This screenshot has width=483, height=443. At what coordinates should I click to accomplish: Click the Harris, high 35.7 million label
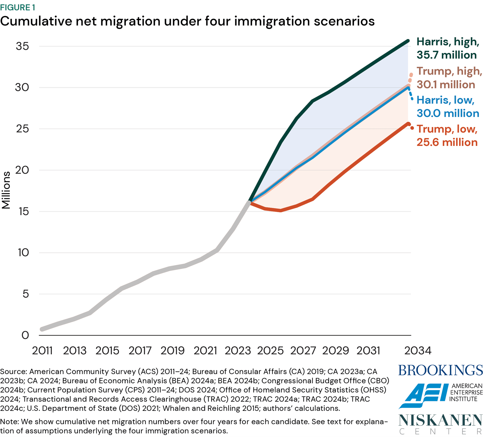pyautogui.click(x=448, y=48)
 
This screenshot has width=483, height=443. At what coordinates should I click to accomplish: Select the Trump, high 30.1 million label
pyautogui.click(x=449, y=78)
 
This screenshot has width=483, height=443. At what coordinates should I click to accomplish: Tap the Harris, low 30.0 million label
pyautogui.click(x=448, y=107)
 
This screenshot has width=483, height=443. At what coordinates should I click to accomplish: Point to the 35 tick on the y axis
pyautogui.click(x=22, y=46)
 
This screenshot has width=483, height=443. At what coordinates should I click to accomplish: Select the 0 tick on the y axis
pyautogui.click(x=25, y=335)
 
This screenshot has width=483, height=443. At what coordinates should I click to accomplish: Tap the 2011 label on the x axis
pyautogui.click(x=42, y=350)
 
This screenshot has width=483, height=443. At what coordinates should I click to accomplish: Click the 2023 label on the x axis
pyautogui.click(x=237, y=350)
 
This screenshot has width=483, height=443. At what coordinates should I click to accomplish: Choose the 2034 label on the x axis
pyautogui.click(x=417, y=350)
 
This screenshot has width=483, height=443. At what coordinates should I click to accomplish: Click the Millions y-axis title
pyautogui.click(x=6, y=190)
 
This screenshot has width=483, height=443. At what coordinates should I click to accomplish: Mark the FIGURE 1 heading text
pyautogui.click(x=18, y=7)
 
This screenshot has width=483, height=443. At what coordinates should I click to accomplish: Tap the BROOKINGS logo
pyautogui.click(x=440, y=370)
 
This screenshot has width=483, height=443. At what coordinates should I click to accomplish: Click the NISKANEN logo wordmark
pyautogui.click(x=440, y=420)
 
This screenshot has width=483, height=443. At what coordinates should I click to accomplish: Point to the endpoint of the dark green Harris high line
pyautogui.click(x=408, y=41)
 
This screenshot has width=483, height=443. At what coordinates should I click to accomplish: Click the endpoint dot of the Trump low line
pyautogui.click(x=408, y=124)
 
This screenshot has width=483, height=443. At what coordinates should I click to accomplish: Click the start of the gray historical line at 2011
pyautogui.click(x=42, y=329)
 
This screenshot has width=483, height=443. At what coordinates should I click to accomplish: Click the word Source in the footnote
pyautogui.click(x=13, y=371)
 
